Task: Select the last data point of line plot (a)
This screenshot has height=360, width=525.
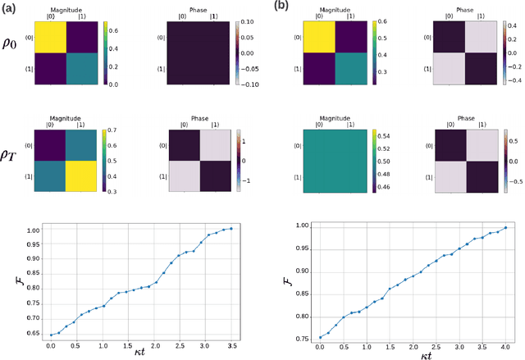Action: (x=231, y=228)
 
